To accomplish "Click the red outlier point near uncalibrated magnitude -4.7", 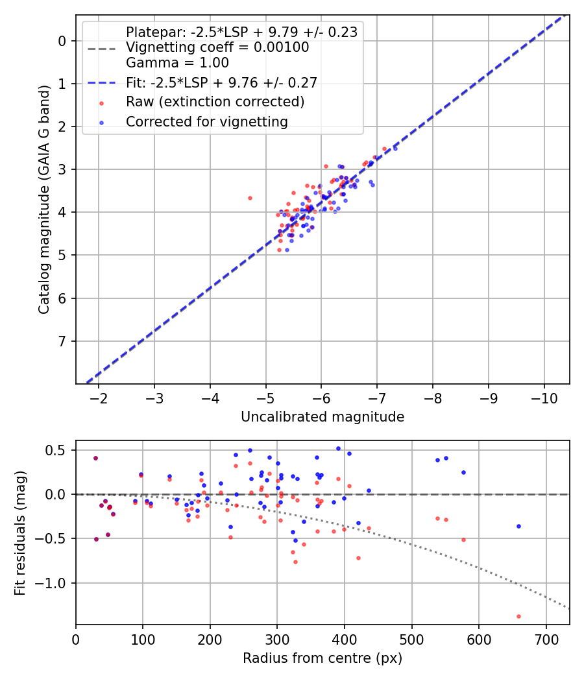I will pyautogui.click(x=250, y=198).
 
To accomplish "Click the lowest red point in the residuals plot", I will pyautogui.click(x=518, y=616).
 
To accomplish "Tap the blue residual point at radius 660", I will pyautogui.click(x=518, y=526).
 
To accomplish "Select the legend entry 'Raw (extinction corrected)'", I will pyautogui.click(x=215, y=102).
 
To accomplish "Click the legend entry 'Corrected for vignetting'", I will pyautogui.click(x=206, y=121).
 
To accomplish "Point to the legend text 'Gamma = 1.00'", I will pyautogui.click(x=177, y=63).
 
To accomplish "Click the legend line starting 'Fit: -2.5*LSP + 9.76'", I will pyautogui.click(x=221, y=82).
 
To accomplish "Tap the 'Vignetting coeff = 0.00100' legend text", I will pyautogui.click(x=217, y=47).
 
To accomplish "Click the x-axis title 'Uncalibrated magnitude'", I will pyautogui.click(x=322, y=417).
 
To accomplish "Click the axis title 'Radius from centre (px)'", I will pyautogui.click(x=322, y=658).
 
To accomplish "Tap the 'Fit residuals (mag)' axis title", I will pyautogui.click(x=20, y=532).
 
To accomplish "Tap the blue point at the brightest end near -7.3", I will pyautogui.click(x=395, y=149).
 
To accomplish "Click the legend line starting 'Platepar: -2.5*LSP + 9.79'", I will pyautogui.click(x=241, y=32).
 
